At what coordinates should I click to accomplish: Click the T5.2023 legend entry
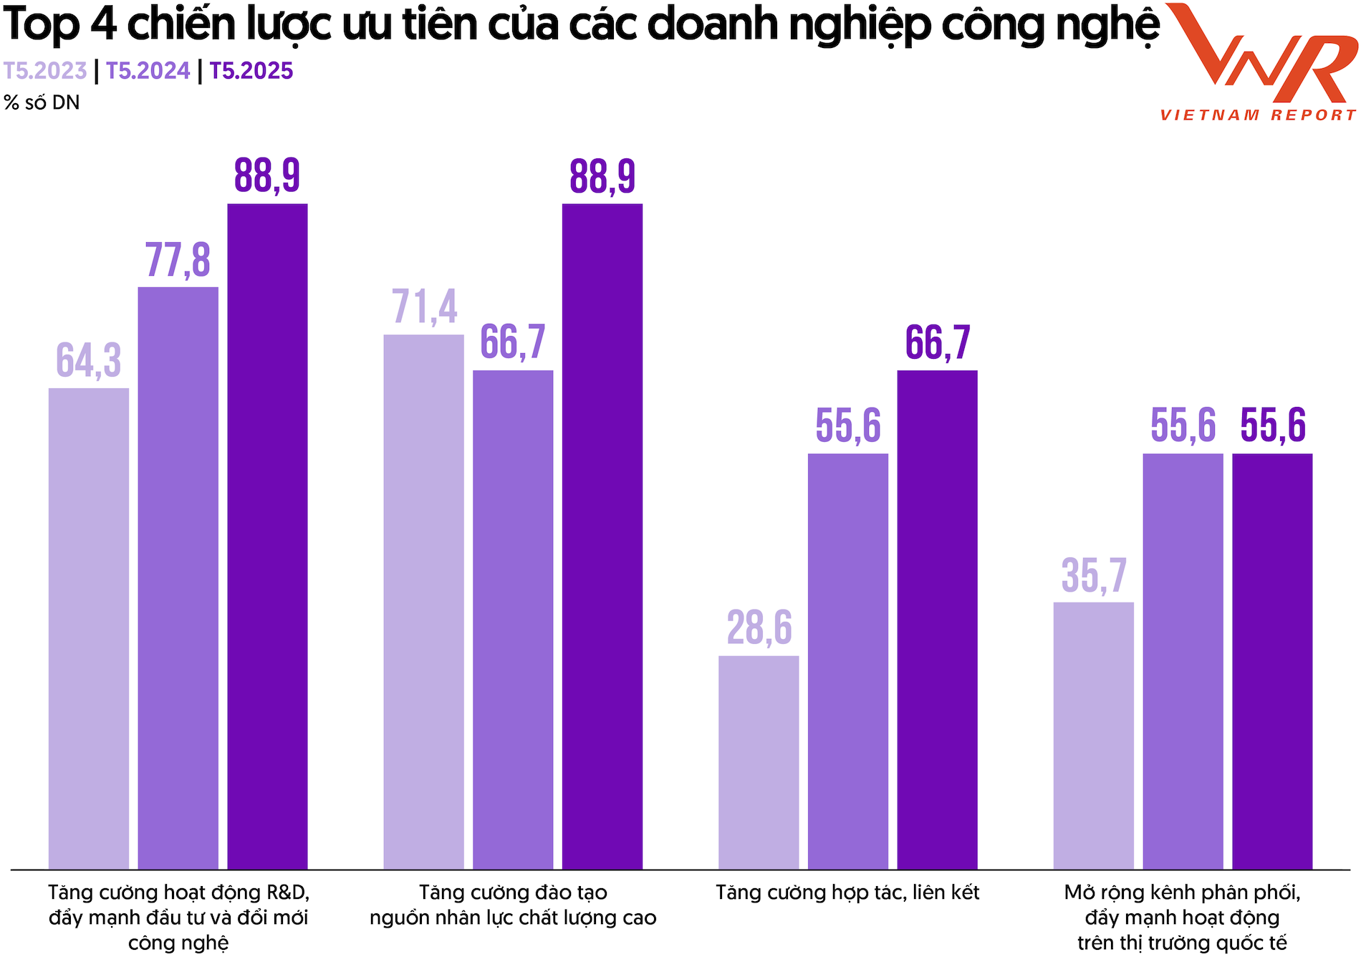pyautogui.click(x=45, y=71)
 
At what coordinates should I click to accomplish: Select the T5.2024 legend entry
pyautogui.click(x=148, y=71)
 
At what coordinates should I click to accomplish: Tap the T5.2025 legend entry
pyautogui.click(x=251, y=71)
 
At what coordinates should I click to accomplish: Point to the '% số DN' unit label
pyautogui.click(x=42, y=103)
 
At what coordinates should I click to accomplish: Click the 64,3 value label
pyautogui.click(x=89, y=360)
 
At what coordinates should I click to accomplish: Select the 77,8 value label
pyautogui.click(x=178, y=260)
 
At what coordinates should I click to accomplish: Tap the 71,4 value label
pyautogui.click(x=424, y=307)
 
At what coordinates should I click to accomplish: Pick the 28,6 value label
pyautogui.click(x=759, y=628)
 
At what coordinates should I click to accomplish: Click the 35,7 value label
pyautogui.click(x=1094, y=575)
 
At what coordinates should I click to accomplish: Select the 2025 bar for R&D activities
pyautogui.click(x=267, y=537)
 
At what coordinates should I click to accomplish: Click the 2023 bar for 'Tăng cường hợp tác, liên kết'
pyautogui.click(x=759, y=763)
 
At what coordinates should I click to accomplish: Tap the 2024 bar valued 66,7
pyautogui.click(x=513, y=620)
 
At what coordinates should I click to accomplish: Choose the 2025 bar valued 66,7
pyautogui.click(x=937, y=620)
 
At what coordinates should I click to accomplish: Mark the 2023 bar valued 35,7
pyautogui.click(x=1094, y=736)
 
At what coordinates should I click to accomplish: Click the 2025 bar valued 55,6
pyautogui.click(x=1272, y=661)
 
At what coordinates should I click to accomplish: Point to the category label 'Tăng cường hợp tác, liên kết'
pyautogui.click(x=847, y=893)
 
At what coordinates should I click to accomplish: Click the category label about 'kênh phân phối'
pyautogui.click(x=1182, y=918)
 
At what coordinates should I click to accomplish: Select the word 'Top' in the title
pyautogui.click(x=41, y=25)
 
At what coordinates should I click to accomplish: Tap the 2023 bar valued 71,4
pyautogui.click(x=424, y=602)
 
